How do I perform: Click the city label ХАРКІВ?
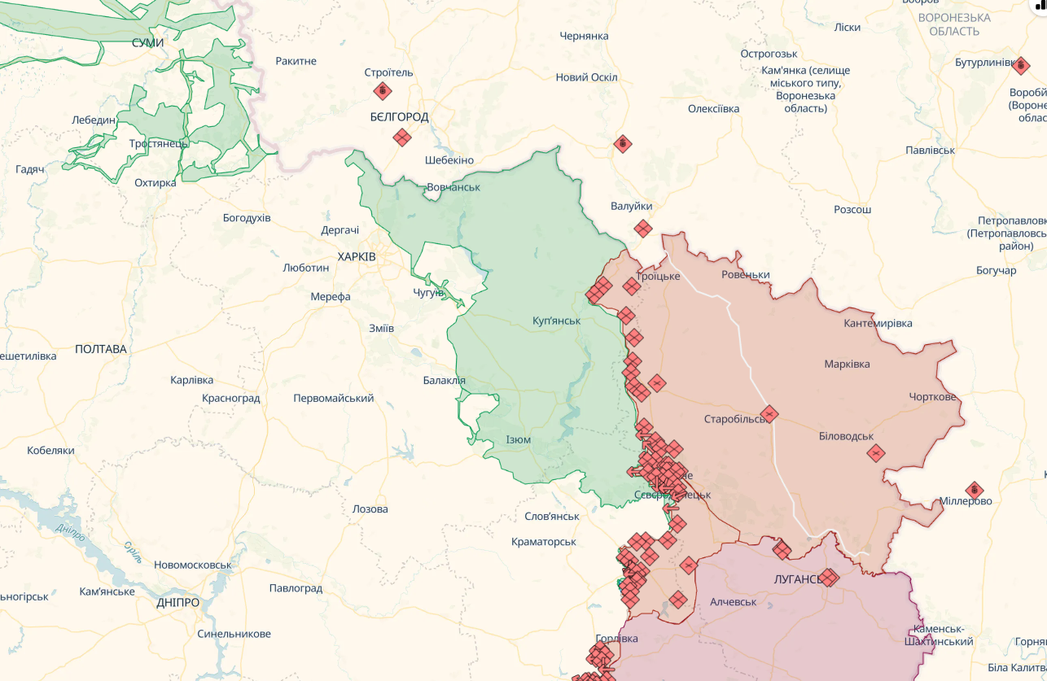(357, 256)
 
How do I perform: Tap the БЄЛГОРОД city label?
(399, 117)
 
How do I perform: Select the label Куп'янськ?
(556, 321)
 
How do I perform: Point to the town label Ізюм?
(519, 440)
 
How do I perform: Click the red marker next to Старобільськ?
(769, 414)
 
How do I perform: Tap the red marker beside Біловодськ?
(875, 453)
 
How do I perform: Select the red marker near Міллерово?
(974, 491)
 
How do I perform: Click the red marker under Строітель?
(383, 91)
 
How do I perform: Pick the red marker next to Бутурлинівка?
(1021, 65)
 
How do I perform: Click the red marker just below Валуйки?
(643, 229)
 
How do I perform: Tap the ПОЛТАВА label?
(101, 349)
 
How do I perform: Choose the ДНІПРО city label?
(177, 603)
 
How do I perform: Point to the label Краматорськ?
(544, 542)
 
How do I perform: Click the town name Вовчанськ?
(453, 187)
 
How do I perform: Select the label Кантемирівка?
(878, 324)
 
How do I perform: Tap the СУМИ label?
(147, 42)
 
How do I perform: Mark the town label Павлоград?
(296, 588)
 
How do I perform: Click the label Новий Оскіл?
(586, 77)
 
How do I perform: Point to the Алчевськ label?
(733, 602)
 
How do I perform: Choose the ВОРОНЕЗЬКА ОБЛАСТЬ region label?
(953, 24)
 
